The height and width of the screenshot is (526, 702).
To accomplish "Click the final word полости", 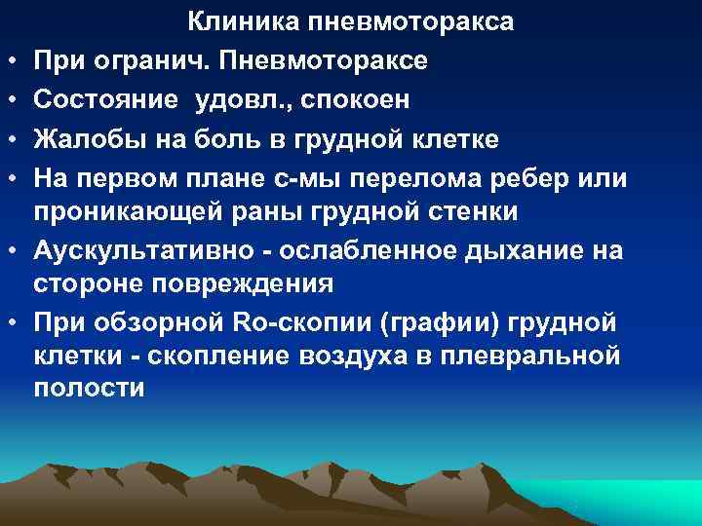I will pyautogui.click(x=89, y=389).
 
